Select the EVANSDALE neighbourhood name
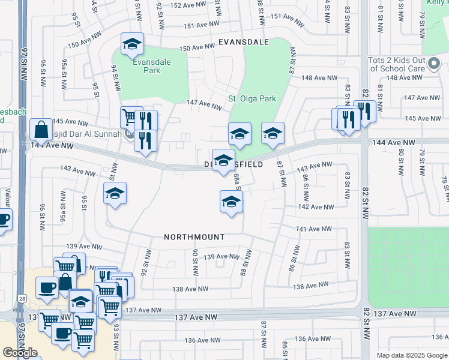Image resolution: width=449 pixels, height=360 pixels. pos(243,43)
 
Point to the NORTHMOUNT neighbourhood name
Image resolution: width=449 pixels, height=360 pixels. pos(194,237)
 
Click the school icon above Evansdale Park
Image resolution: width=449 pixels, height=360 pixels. pos(132,44)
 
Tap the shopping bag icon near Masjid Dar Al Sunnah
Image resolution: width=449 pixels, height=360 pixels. pos(41,130)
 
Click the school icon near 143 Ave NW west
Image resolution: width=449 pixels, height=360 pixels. pos(115,194)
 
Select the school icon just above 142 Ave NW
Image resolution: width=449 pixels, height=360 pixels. pos(231,202)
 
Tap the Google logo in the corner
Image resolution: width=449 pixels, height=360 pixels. pos(20,353)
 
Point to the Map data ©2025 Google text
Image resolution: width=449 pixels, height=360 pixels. pos(412,355)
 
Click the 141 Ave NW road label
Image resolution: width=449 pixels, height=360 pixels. pos(314,229)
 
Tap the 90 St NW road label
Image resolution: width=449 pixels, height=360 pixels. pos(195,262)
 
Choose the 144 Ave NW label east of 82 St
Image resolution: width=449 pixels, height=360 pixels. pos(394,142)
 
